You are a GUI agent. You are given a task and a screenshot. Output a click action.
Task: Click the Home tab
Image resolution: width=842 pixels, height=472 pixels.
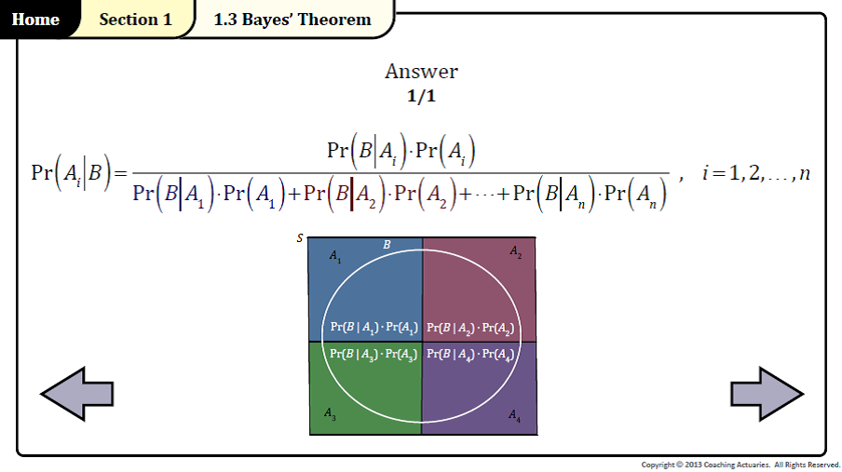[x=35, y=20]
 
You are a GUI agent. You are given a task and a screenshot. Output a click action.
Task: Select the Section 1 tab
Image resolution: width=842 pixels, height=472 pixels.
[x=135, y=20]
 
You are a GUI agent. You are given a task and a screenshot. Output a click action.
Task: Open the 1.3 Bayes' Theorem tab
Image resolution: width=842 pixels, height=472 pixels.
[x=292, y=20]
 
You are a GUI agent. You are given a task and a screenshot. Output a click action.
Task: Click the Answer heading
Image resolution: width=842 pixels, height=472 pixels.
[x=421, y=72]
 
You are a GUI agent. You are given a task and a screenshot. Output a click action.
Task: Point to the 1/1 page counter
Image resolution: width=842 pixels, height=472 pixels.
[x=421, y=95]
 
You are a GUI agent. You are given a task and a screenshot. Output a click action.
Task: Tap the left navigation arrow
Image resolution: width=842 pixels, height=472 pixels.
[x=77, y=393]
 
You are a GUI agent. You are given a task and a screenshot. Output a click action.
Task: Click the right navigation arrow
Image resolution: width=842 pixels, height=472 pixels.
[x=766, y=393]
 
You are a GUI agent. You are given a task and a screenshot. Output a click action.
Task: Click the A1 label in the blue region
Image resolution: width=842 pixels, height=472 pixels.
[x=335, y=256]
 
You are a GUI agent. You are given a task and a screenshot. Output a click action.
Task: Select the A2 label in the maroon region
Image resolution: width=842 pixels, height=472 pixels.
[x=515, y=251]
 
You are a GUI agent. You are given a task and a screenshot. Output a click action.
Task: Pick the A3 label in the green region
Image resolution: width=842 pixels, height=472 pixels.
[x=330, y=412]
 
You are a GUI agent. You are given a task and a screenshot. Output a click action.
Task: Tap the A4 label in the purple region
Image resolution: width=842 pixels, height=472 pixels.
[x=515, y=415]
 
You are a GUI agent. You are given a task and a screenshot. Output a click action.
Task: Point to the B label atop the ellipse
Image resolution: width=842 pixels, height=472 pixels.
[x=387, y=245]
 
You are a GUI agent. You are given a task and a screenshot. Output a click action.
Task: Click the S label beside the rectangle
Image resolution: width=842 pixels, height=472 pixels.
[x=300, y=238]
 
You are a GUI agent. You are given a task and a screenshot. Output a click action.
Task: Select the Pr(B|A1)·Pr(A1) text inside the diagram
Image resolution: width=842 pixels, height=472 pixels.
[x=373, y=328]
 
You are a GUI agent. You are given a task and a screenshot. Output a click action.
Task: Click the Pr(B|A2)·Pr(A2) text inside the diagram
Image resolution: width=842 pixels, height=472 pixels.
[x=470, y=328]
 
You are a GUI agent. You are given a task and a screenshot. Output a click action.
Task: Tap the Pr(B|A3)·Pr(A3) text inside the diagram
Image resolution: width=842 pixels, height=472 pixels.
[x=373, y=354]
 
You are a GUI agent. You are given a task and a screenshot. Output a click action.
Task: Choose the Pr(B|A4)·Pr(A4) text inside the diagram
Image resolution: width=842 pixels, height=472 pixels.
[x=470, y=354]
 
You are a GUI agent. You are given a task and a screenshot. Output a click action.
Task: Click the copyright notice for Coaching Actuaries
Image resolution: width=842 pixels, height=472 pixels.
[x=740, y=465]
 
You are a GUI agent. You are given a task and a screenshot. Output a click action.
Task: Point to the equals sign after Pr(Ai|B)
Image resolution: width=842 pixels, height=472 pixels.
[x=118, y=174]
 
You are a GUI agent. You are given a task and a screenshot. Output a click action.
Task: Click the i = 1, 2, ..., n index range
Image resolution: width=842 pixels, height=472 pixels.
[x=755, y=173]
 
